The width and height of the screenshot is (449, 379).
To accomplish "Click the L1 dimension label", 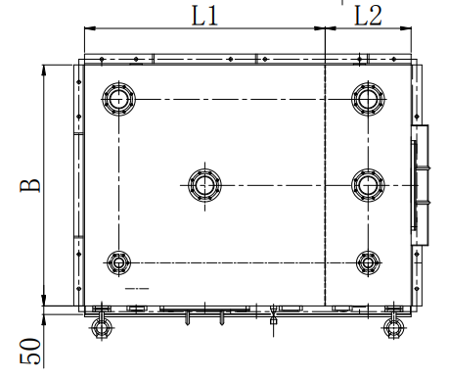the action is (204, 16).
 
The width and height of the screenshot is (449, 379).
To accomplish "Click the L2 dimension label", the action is (368, 16).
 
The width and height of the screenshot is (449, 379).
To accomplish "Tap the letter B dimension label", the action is (30, 185).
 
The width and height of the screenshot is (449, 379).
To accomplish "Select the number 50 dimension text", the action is (30, 351).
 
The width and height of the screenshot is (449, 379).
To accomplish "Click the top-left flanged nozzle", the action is (118, 99).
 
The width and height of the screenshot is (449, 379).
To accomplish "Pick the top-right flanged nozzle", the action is (368, 99).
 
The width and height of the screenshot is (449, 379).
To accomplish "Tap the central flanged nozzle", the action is (204, 185).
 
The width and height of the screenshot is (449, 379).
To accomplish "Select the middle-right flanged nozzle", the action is (368, 185).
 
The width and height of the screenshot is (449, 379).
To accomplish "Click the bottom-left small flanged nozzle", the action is (118, 262).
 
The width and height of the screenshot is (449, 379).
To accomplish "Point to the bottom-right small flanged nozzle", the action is (368, 262).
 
